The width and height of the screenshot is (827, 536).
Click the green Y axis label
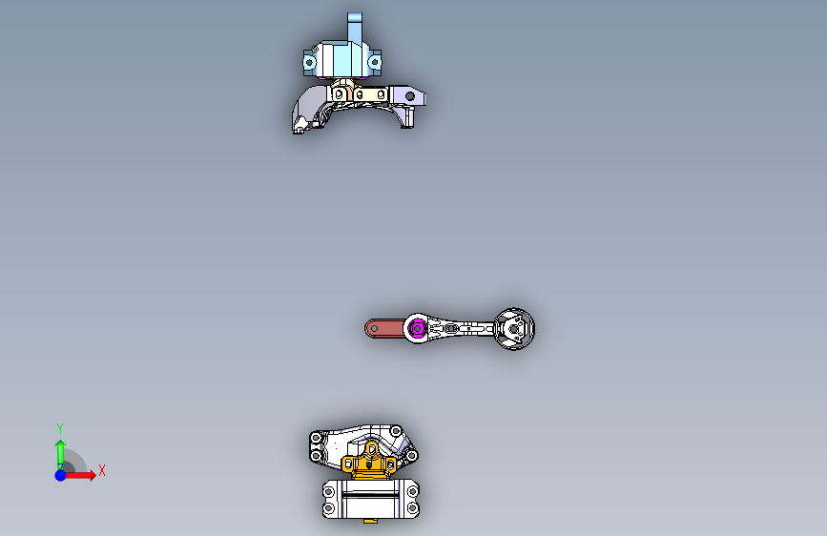pyautogui.click(x=59, y=428)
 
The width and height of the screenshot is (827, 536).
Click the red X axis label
pyautogui.click(x=101, y=470)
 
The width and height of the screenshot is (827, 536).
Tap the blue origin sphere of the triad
pyautogui.click(x=60, y=474)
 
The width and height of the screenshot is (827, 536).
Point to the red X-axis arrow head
pyautogui.click(x=92, y=474)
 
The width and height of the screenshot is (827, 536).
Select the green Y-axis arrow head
pyautogui.click(x=59, y=444)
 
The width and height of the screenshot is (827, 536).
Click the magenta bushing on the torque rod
pyautogui.click(x=416, y=329)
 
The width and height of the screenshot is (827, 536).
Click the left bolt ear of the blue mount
pyautogui.click(x=309, y=63)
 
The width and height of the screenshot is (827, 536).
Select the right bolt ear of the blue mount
pyautogui.click(x=375, y=63)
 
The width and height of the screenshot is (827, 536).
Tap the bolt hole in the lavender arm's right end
pyautogui.click(x=412, y=96)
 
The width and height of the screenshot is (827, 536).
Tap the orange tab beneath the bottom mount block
pyautogui.click(x=370, y=521)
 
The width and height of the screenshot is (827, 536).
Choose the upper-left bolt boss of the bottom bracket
pyautogui.click(x=316, y=437)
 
